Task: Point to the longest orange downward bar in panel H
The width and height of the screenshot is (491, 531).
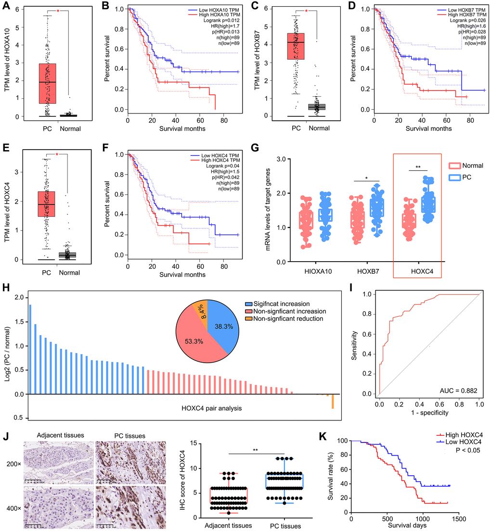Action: coord(332,402)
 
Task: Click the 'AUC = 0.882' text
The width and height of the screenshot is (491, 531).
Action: coord(452,390)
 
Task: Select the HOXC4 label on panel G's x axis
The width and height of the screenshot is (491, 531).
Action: coord(417,271)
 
